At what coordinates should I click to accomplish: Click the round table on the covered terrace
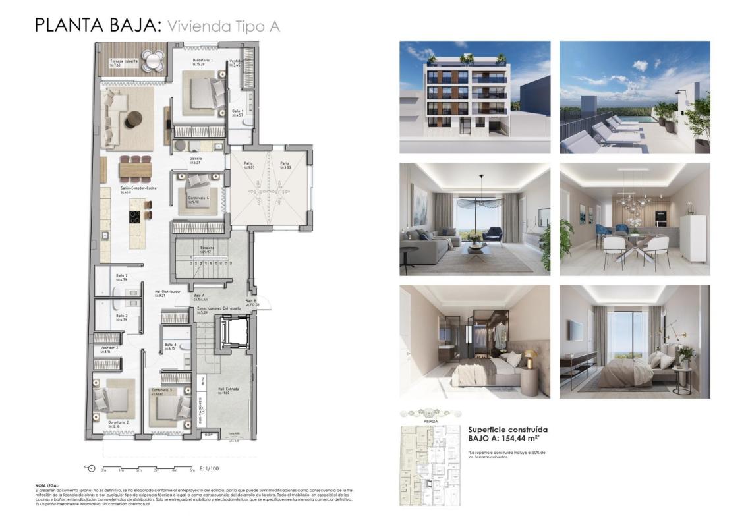click(x=152, y=61)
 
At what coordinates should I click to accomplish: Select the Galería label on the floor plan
click(x=195, y=159)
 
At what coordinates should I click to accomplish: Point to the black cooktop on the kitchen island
click(x=134, y=217)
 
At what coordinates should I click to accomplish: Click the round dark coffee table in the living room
click(x=134, y=119)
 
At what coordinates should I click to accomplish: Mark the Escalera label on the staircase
click(x=206, y=248)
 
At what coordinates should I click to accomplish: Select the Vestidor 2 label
click(x=109, y=347)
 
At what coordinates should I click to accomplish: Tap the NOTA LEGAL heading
click(x=47, y=485)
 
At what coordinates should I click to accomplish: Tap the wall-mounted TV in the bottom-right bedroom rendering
click(x=575, y=329)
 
